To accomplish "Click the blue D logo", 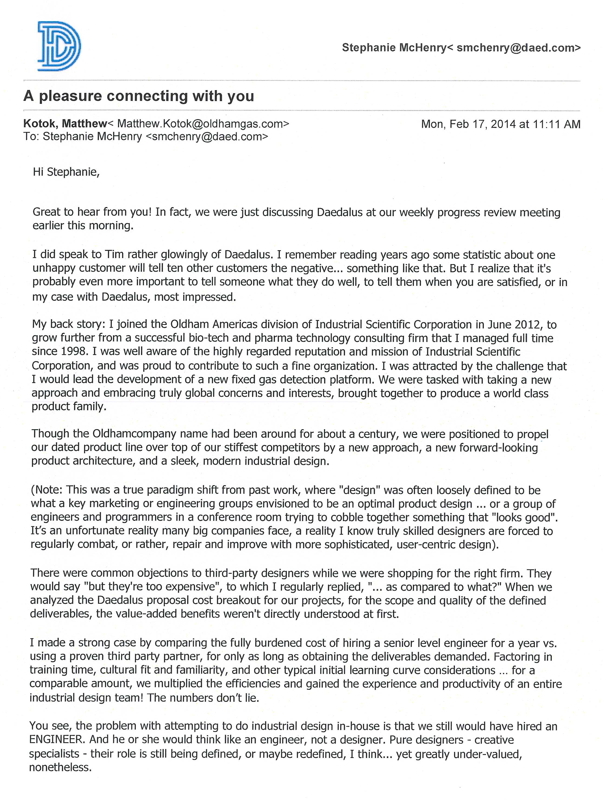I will pos(59,46).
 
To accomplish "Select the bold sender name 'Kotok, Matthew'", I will pos(65,124).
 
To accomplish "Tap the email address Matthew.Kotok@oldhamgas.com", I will pos(203,124).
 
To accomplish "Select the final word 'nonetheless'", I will pos(58,767).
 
